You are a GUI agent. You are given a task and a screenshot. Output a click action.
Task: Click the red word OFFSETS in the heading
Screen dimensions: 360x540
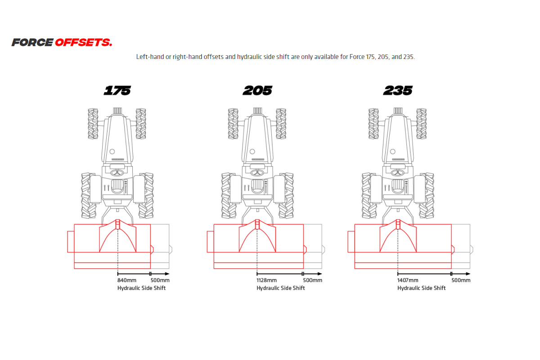[83, 43]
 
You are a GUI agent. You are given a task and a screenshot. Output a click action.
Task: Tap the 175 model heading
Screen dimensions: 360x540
[117, 90]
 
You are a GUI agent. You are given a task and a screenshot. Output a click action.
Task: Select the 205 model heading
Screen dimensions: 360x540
[257, 90]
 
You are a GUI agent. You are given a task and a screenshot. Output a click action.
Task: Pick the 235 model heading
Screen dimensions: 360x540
[398, 90]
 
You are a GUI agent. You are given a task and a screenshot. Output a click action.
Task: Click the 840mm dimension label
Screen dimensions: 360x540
[127, 280]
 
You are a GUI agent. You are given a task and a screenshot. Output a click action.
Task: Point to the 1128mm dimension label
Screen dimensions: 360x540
[267, 280]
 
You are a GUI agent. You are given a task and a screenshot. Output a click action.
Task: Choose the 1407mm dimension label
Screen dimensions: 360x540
[407, 280]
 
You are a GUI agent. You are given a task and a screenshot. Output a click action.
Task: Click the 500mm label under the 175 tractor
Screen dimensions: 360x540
[160, 280]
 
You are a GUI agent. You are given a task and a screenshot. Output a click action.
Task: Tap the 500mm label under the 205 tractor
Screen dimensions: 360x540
[313, 280]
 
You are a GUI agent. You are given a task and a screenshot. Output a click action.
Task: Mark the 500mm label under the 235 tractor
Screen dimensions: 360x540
[461, 280]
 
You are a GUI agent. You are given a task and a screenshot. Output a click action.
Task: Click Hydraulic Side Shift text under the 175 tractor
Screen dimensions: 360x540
[141, 288]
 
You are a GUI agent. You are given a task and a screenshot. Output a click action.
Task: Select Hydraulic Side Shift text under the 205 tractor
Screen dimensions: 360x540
[281, 288]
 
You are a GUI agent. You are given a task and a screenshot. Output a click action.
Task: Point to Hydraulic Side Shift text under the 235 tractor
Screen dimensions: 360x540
[421, 288]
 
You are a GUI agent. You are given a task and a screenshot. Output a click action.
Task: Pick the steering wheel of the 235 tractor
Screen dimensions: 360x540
[398, 173]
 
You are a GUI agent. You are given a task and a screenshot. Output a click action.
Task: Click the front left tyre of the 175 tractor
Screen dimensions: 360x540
[93, 123]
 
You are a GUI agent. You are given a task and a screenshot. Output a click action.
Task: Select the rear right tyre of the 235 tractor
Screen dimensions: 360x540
[426, 196]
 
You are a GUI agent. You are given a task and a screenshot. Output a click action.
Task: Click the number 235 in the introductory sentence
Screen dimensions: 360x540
[409, 57]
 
